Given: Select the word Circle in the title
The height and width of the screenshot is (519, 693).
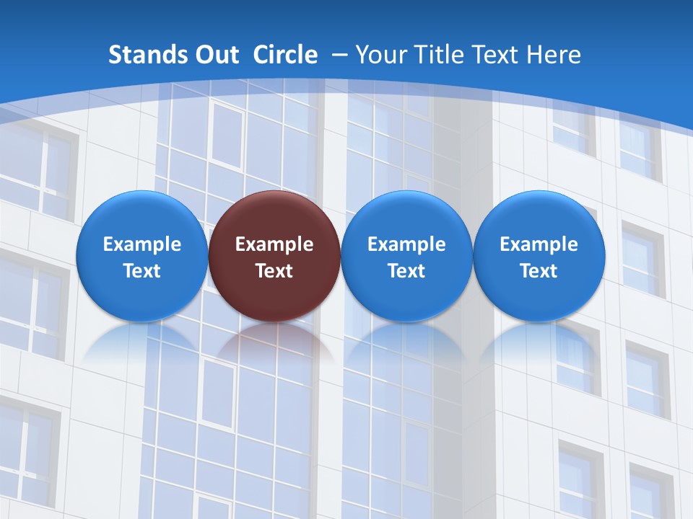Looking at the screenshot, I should [285, 55].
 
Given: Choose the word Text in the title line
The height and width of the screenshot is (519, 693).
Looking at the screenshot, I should [499, 55].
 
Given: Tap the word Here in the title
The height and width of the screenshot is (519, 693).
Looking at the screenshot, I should [555, 55].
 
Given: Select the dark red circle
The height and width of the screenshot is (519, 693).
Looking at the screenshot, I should [274, 216].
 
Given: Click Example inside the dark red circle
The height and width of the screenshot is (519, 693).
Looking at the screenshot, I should [274, 244].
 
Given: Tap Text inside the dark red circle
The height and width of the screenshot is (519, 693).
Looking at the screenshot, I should [274, 271].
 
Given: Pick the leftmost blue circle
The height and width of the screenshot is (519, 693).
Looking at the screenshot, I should [141, 216].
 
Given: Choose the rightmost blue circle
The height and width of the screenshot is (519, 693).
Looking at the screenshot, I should [539, 216].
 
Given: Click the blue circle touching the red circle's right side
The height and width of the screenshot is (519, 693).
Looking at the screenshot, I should [406, 216].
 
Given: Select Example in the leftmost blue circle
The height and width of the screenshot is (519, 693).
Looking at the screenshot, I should [141, 244].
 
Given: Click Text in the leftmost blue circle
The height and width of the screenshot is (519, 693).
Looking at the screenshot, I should [141, 271].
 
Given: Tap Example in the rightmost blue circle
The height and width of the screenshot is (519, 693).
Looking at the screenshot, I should [539, 244].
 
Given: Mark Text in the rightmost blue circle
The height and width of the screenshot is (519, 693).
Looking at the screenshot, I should [539, 271].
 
